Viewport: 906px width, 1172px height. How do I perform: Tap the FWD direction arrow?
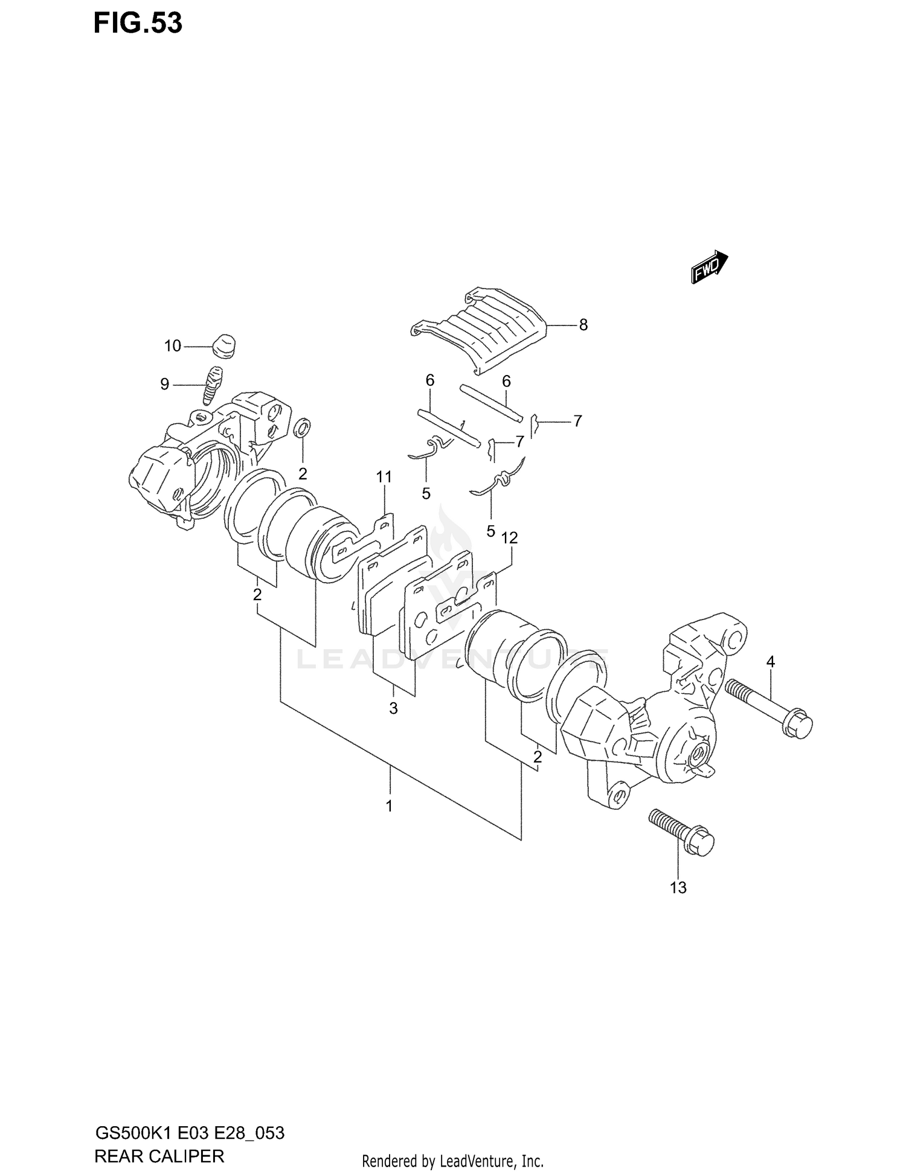[709, 267]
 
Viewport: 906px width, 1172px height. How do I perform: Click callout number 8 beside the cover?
[583, 325]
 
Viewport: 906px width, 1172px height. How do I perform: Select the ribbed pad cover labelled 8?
[483, 329]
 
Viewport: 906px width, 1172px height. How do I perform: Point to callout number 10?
[173, 346]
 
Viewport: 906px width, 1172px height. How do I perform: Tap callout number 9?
[164, 384]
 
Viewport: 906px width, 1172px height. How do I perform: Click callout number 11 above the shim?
[384, 477]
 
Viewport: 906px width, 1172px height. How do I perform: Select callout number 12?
[510, 537]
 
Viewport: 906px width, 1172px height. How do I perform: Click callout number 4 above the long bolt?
[770, 662]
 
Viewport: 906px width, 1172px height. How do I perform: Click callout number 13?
[678, 888]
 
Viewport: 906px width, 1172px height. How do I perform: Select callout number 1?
[390, 806]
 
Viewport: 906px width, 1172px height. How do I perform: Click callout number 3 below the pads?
[393, 708]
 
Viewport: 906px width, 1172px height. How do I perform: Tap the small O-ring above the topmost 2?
[303, 429]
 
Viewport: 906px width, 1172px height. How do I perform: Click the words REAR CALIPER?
[159, 1156]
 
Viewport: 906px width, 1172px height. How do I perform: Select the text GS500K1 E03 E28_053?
[190, 1133]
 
